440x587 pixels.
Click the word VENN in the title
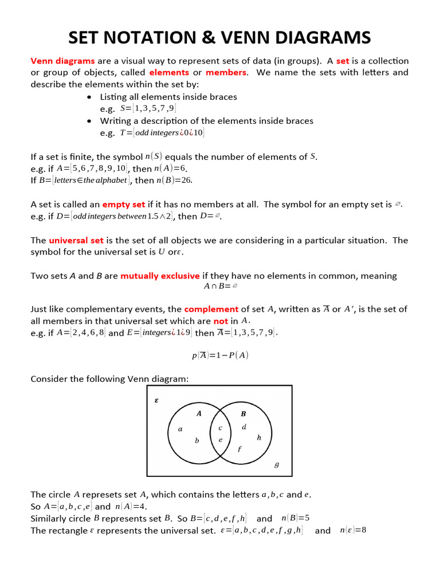point(262,38)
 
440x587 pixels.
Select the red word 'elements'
point(169,72)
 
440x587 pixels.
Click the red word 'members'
point(226,72)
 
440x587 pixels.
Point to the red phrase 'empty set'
point(123,204)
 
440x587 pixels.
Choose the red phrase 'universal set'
point(76,240)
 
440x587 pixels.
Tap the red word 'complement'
point(211,309)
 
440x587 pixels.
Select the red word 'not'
point(221,321)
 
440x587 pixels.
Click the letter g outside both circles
point(277,465)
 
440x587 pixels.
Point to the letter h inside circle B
point(259,437)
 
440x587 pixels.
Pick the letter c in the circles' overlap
point(220,428)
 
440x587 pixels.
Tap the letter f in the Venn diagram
point(239,449)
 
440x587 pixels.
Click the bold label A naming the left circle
point(199,413)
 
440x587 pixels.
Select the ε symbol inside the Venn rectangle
point(156,401)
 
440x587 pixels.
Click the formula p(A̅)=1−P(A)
point(220,355)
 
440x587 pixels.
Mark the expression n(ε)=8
point(352,530)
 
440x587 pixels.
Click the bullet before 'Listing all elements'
point(90,97)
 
